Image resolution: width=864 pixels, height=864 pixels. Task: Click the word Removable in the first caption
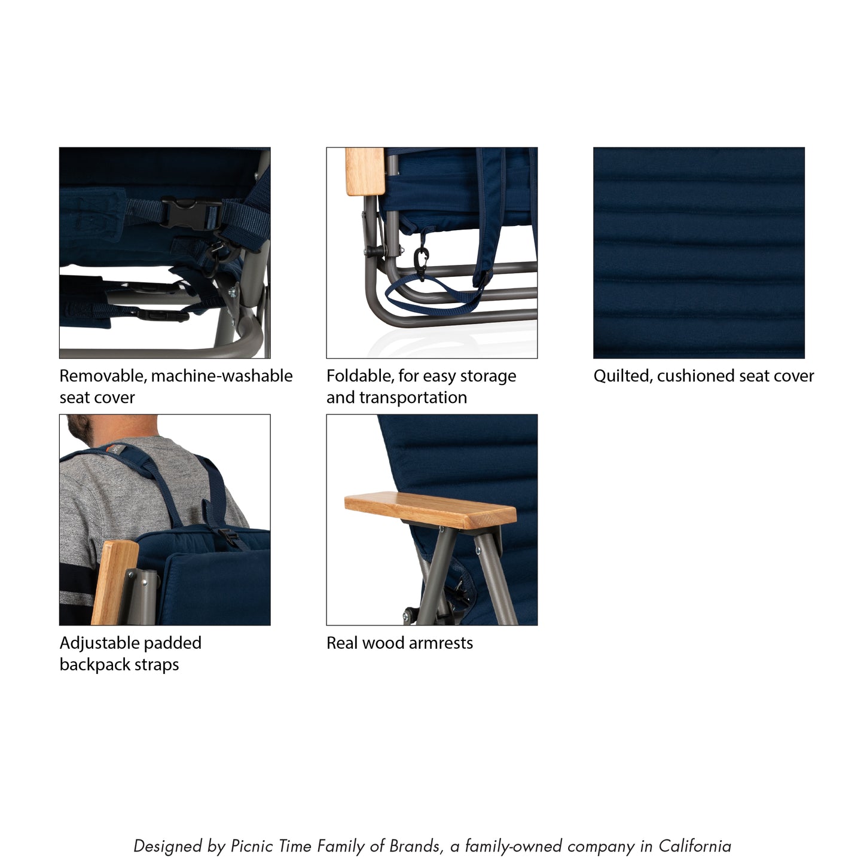(102, 376)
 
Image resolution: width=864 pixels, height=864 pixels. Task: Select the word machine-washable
(222, 376)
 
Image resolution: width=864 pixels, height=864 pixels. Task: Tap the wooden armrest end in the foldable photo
(364, 172)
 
